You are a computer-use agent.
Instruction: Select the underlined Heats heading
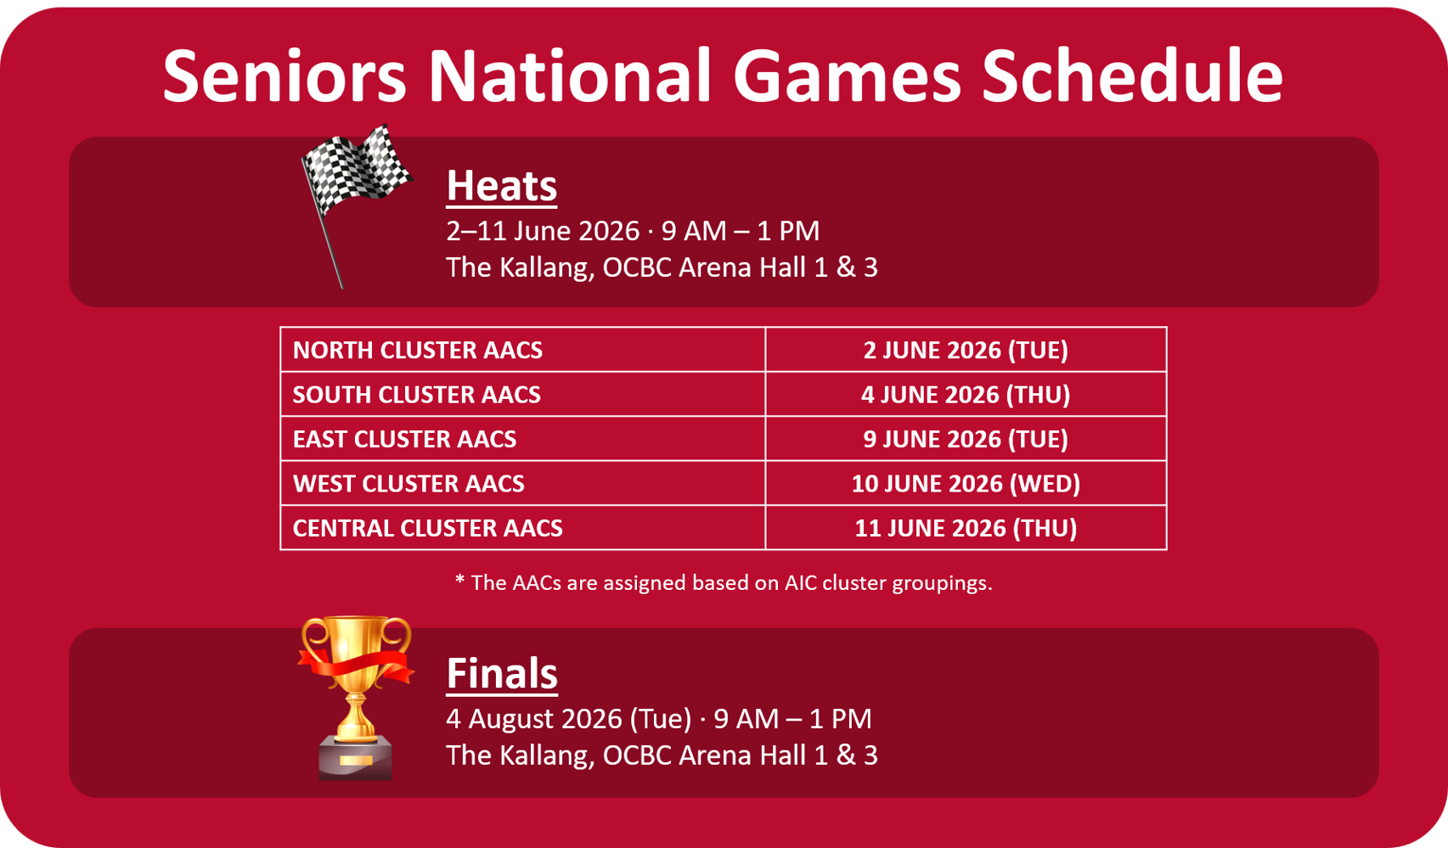(x=502, y=187)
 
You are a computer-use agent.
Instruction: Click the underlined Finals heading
(x=502, y=674)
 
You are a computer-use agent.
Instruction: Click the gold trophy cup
(x=356, y=698)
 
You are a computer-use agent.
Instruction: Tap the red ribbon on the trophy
(x=356, y=665)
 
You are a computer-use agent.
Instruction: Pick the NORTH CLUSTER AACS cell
(x=522, y=350)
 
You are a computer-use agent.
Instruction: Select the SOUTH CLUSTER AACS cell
(x=522, y=394)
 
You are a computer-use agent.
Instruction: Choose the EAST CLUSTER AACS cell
(x=522, y=439)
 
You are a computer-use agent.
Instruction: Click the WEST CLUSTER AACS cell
(x=522, y=484)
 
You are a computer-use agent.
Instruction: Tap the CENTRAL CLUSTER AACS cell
(x=522, y=528)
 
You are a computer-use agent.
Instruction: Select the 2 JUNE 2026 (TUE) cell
(x=966, y=350)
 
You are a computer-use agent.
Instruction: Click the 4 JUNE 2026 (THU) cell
(x=966, y=394)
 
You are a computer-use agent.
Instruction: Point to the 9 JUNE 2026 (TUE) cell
(x=966, y=439)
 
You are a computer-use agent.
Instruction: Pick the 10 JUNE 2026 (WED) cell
(x=966, y=484)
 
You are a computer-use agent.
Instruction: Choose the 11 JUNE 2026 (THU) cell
(x=966, y=528)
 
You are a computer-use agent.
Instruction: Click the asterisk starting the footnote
(x=459, y=579)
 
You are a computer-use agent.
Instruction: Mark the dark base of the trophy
(x=356, y=758)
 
